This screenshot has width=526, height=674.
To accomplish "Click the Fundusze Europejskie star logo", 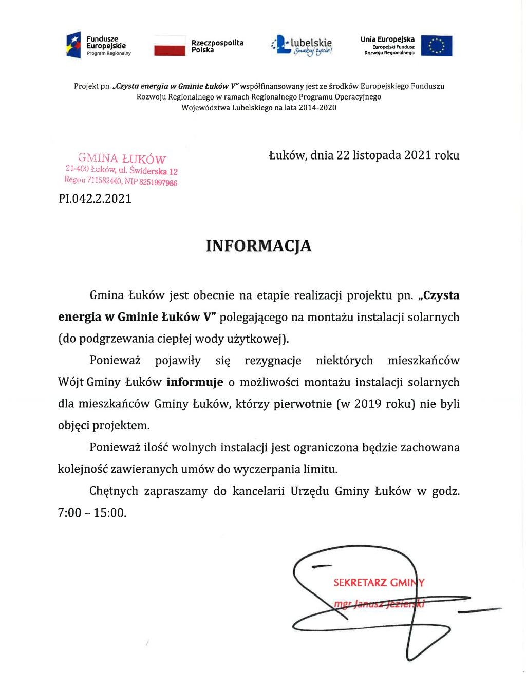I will click(x=73, y=45).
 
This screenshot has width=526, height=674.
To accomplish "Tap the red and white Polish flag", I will click(x=170, y=46).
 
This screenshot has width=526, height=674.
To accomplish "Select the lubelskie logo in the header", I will click(x=302, y=46).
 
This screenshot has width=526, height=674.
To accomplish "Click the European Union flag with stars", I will click(x=437, y=46).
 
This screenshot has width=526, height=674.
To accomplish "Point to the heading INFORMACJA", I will click(x=258, y=246).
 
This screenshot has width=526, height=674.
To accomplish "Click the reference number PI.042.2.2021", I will click(x=95, y=199).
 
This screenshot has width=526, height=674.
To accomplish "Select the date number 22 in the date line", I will click(x=343, y=155).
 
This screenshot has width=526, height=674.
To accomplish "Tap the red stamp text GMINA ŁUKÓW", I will click(x=122, y=158).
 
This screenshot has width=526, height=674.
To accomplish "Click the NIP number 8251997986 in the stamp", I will click(x=158, y=182).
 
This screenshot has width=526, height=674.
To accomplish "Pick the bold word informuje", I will click(x=195, y=382).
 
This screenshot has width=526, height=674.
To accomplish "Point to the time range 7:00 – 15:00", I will click(x=92, y=512).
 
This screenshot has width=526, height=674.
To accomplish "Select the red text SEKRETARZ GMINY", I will click(x=379, y=583).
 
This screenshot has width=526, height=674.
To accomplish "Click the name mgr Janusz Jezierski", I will click(x=379, y=604).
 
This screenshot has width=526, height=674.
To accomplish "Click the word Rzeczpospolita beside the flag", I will click(x=217, y=43).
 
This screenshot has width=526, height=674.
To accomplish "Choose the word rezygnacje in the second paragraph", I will click(x=273, y=360).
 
